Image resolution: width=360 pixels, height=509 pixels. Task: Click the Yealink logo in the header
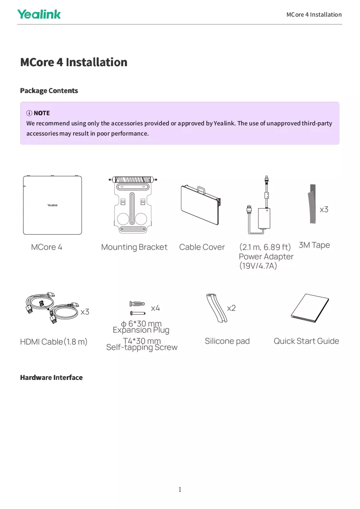(39, 14)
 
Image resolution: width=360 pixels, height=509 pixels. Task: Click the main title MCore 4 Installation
(74, 62)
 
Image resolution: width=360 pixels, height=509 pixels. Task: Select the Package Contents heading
(49, 91)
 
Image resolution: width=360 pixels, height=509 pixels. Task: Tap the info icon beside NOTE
(29, 113)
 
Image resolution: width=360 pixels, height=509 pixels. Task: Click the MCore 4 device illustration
(52, 205)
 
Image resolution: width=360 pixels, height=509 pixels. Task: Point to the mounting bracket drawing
(132, 205)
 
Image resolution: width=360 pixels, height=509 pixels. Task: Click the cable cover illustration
(201, 205)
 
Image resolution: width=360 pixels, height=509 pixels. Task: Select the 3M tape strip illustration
(312, 204)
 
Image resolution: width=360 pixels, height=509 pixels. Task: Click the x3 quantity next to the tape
(324, 209)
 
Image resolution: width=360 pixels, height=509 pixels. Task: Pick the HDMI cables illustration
(52, 308)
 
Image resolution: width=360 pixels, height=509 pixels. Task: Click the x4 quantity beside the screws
(155, 308)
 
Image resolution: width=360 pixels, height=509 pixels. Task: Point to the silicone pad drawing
(217, 308)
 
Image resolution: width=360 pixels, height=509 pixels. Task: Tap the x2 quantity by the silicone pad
(231, 308)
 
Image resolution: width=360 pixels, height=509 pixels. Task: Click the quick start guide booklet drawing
(310, 308)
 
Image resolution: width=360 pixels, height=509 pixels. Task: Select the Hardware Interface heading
(51, 378)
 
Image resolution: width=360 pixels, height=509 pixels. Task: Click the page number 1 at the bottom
(180, 490)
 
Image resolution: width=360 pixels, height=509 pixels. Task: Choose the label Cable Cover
(202, 247)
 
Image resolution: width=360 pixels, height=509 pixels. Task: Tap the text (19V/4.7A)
(258, 266)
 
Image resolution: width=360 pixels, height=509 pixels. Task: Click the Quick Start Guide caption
(306, 341)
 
